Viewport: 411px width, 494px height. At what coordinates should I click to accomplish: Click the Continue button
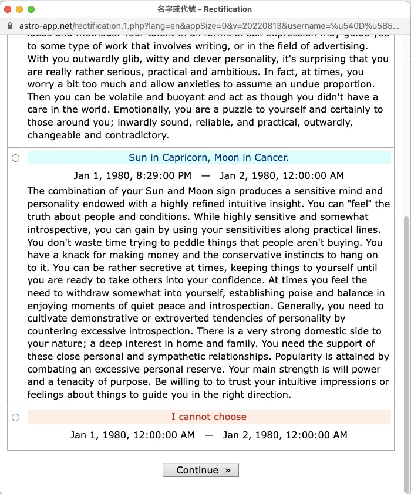(200, 470)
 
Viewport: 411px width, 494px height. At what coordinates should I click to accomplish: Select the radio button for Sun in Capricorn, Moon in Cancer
(15, 158)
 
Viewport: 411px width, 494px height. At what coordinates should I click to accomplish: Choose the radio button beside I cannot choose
(15, 417)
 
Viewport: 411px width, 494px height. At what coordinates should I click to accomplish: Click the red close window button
(8, 9)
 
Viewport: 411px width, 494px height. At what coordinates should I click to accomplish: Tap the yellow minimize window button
(19, 9)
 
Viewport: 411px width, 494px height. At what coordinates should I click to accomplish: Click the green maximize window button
(31, 9)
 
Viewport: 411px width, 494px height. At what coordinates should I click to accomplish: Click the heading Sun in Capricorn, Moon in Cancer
(208, 158)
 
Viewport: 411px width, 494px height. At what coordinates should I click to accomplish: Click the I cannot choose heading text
(208, 417)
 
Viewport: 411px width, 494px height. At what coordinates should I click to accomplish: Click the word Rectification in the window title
(228, 9)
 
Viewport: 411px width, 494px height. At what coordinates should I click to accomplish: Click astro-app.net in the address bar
(45, 26)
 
